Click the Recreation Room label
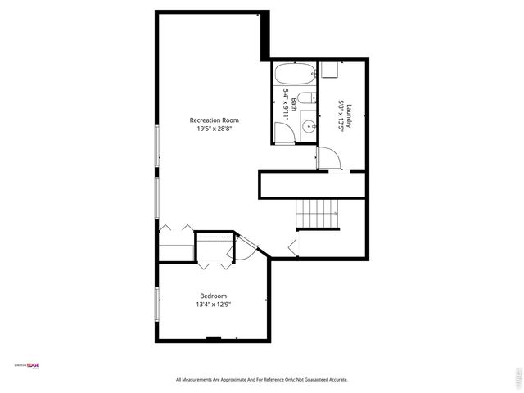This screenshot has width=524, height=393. pyautogui.click(x=214, y=120)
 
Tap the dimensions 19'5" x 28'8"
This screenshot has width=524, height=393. pyautogui.click(x=214, y=129)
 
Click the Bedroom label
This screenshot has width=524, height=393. pyautogui.click(x=214, y=296)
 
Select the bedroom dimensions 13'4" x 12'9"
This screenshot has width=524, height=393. pyautogui.click(x=214, y=305)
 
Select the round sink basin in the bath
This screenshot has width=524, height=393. pyautogui.click(x=306, y=127)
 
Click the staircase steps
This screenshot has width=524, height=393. pyautogui.click(x=317, y=215)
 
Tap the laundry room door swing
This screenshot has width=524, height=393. pyautogui.click(x=329, y=158)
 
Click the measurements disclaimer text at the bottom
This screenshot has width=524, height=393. pyautogui.click(x=262, y=380)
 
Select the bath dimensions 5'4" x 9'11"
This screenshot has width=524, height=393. pyautogui.click(x=286, y=104)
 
